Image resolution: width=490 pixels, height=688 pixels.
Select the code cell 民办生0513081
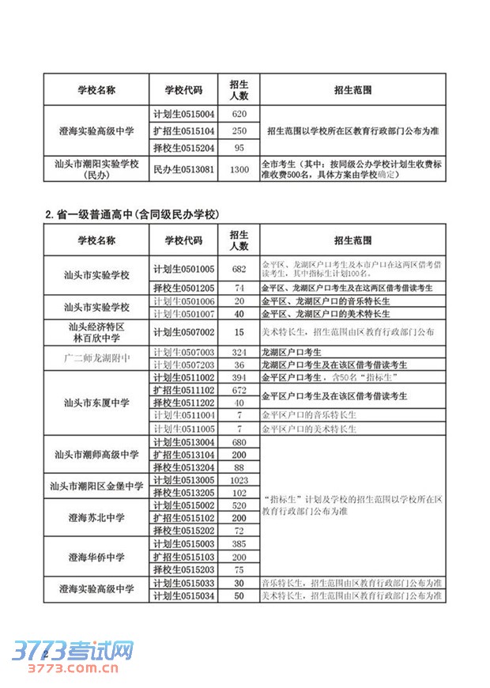click(x=184, y=169)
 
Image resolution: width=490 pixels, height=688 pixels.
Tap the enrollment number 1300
click(x=239, y=169)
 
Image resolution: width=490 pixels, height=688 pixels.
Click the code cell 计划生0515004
click(x=184, y=114)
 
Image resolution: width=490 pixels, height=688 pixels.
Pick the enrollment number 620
click(x=239, y=114)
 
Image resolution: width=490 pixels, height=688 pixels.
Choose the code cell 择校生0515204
click(x=184, y=148)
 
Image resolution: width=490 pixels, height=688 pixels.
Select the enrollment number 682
click(x=239, y=269)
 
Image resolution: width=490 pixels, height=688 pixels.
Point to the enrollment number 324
click(x=239, y=352)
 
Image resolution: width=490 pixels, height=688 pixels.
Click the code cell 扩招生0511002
click(x=184, y=390)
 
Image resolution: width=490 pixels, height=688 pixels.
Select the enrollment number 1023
click(x=239, y=480)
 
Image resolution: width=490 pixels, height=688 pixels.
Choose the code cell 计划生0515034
click(x=184, y=595)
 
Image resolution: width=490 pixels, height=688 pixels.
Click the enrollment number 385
click(x=239, y=544)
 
